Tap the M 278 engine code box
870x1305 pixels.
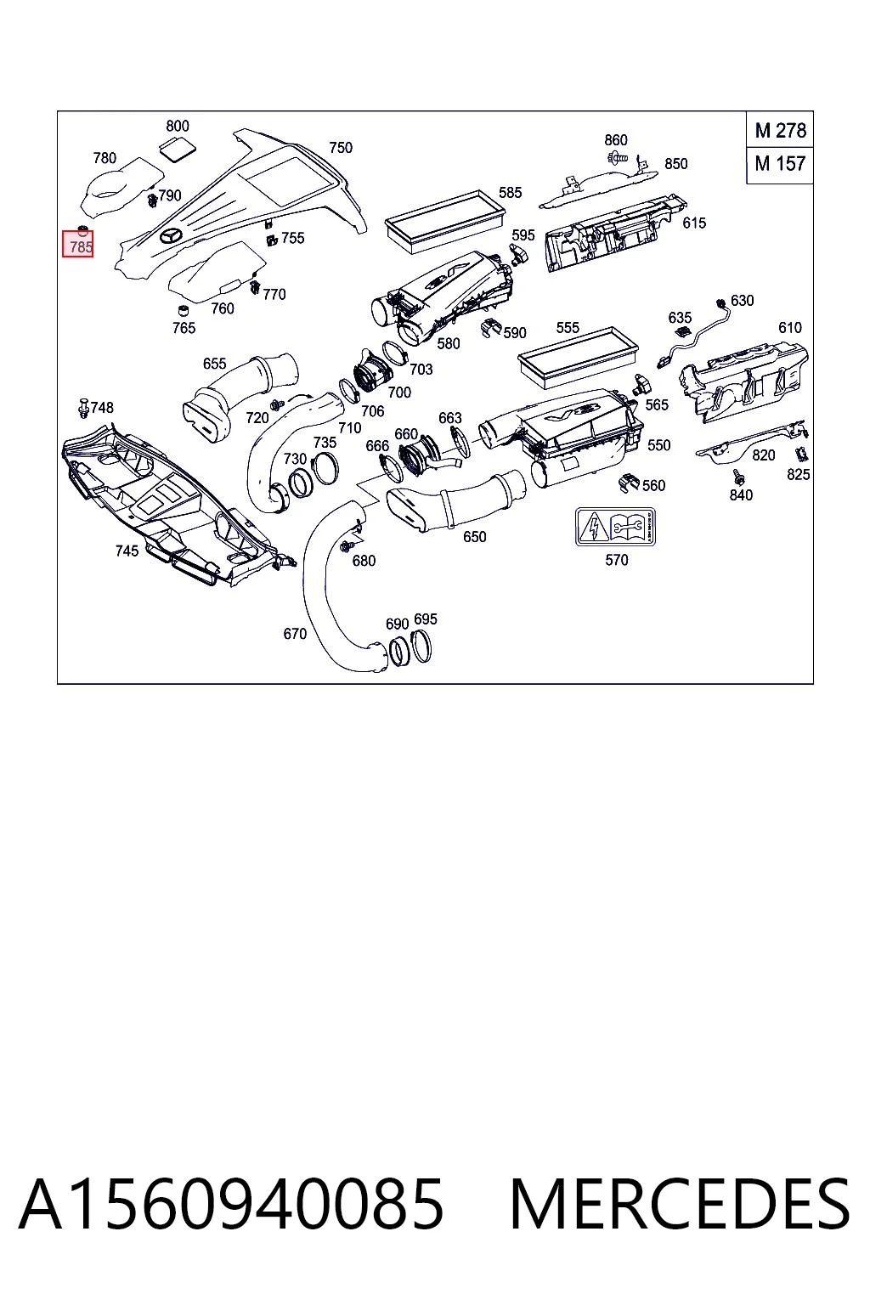point(780,130)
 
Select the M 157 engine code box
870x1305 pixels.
point(780,164)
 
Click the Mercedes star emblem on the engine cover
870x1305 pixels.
point(171,236)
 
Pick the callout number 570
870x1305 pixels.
point(616,560)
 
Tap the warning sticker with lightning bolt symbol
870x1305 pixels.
point(615,527)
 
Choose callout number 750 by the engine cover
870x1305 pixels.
point(341,147)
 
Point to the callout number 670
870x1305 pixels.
point(294,633)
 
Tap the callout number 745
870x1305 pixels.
point(127,551)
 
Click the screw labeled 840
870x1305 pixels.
point(739,477)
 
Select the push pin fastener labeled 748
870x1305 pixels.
point(83,408)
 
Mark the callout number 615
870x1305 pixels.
point(693,223)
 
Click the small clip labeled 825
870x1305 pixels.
point(802,454)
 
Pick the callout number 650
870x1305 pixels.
point(474,537)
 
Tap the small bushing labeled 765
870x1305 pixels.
point(183,310)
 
